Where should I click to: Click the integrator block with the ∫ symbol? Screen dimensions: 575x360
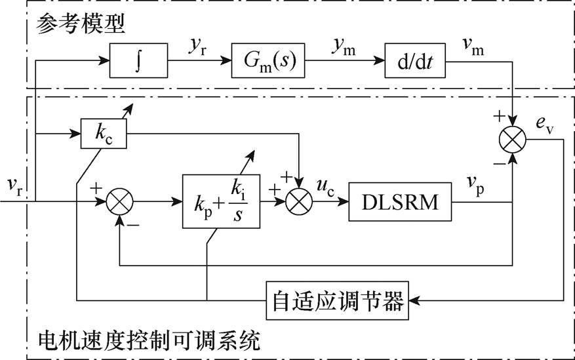(138, 60)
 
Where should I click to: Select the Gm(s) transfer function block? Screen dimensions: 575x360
(268, 60)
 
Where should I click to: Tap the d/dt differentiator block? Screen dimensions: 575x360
(415, 60)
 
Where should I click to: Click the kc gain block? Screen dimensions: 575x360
(104, 133)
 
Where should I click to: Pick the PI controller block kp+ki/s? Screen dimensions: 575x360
(222, 201)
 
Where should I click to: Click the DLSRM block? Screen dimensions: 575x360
(400, 201)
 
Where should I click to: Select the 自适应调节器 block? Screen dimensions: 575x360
(338, 300)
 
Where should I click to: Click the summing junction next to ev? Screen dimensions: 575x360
(513, 140)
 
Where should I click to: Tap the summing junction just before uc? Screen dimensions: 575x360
(299, 201)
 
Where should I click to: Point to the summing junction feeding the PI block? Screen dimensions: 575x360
(119, 201)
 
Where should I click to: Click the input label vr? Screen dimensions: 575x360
(15, 185)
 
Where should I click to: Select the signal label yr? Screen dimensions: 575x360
(198, 47)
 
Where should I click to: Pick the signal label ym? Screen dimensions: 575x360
(344, 47)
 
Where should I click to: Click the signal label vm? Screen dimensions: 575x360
(473, 47)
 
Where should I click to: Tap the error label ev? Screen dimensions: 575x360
(545, 125)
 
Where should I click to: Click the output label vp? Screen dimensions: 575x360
(475, 185)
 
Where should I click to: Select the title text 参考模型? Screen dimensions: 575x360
(81, 24)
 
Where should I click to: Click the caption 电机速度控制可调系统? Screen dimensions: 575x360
(149, 340)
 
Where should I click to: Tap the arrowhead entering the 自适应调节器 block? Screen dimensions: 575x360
(414, 300)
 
